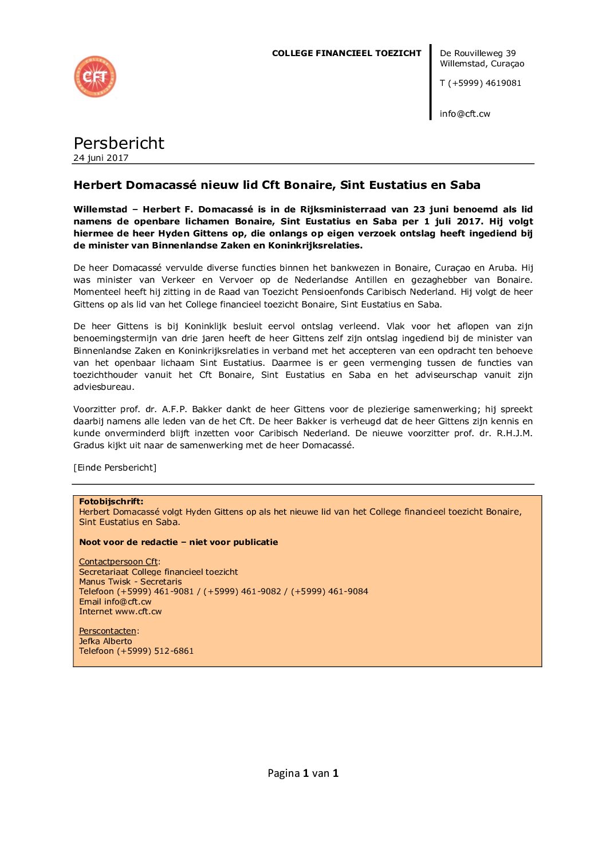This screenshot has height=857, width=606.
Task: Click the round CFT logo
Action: pyautogui.click(x=95, y=77)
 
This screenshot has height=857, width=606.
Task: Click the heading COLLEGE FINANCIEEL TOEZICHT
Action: pyautogui.click(x=346, y=53)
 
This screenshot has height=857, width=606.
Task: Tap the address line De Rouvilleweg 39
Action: pyautogui.click(x=478, y=53)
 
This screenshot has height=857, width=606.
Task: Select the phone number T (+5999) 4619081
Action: pyautogui.click(x=481, y=83)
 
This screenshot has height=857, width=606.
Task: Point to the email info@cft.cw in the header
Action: pyautogui.click(x=465, y=114)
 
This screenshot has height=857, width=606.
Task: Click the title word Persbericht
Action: pyautogui.click(x=119, y=143)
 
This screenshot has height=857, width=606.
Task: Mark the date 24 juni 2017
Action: pyautogui.click(x=101, y=158)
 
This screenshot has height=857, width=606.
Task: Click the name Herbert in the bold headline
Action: pyautogui.click(x=97, y=185)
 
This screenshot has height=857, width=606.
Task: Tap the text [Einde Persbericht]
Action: pyautogui.click(x=115, y=468)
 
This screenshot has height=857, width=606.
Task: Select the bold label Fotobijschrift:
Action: pyautogui.click(x=111, y=501)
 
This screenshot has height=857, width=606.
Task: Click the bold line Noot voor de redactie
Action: pyautogui.click(x=178, y=542)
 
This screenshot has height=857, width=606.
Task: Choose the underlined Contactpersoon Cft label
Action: pyautogui.click(x=118, y=562)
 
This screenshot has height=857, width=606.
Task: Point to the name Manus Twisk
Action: pyautogui.click(x=105, y=582)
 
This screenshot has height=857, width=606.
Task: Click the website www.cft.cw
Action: pyautogui.click(x=138, y=611)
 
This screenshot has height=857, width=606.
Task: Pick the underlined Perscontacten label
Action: pyautogui.click(x=108, y=631)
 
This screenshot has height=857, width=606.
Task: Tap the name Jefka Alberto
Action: pyautogui.click(x=105, y=641)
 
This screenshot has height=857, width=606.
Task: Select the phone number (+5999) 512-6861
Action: pyautogui.click(x=155, y=651)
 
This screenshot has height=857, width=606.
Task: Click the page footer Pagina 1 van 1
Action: pyautogui.click(x=303, y=773)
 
